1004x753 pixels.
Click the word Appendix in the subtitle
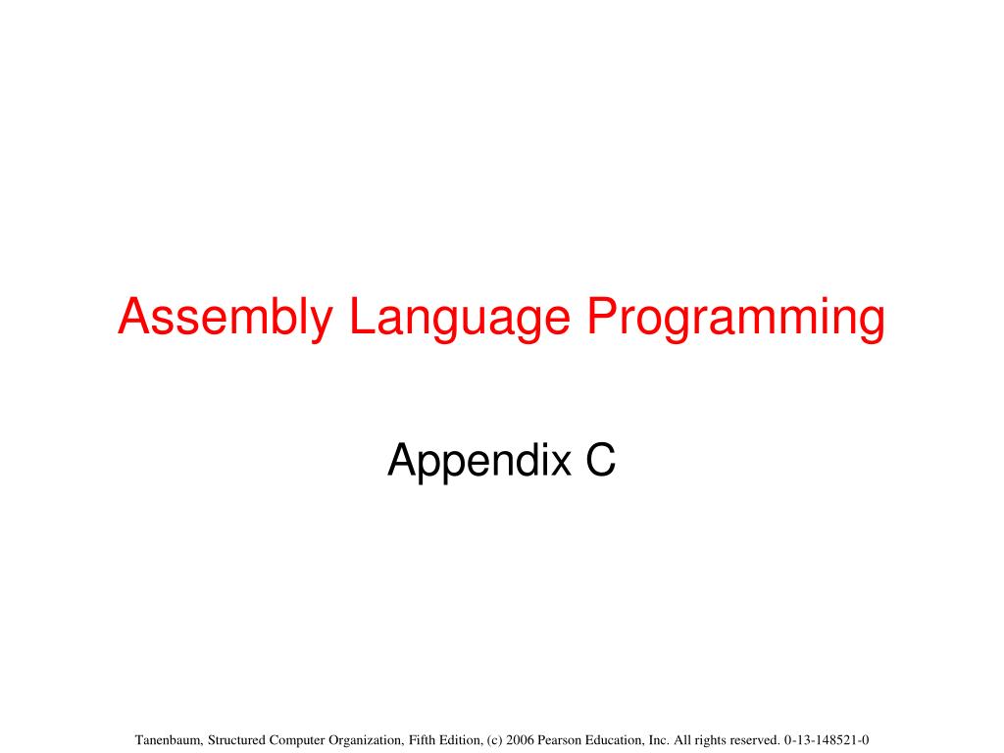coord(478,461)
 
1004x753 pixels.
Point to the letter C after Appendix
coord(601,460)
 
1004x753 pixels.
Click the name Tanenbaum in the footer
coord(169,740)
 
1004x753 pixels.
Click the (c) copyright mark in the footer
coord(494,741)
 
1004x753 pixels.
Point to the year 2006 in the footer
coord(520,740)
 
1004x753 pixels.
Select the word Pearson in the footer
coord(559,740)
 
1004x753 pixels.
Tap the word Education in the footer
coord(614,740)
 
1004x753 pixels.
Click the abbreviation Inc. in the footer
coord(658,740)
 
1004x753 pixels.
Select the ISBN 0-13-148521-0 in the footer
coord(827,740)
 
